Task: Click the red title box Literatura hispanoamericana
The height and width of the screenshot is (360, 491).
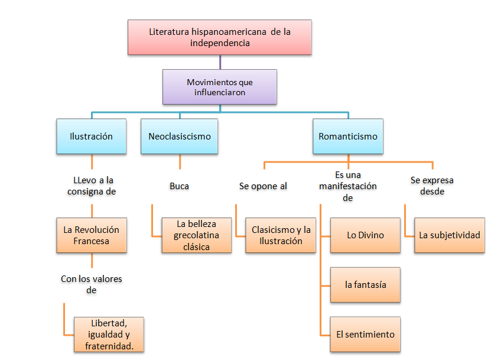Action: [x=220, y=37]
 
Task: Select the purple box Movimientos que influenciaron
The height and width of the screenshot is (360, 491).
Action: [x=220, y=87]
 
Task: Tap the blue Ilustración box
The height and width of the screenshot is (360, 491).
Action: [x=92, y=137]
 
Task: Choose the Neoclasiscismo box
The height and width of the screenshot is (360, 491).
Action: [x=180, y=137]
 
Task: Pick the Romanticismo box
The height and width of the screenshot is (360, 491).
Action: [x=348, y=137]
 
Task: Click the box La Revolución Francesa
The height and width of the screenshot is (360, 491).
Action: [x=92, y=235]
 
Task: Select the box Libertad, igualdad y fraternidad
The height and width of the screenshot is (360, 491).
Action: [x=109, y=335]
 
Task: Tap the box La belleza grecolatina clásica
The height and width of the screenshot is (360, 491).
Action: [x=197, y=235]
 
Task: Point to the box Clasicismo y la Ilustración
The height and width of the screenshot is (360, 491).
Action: [x=281, y=235]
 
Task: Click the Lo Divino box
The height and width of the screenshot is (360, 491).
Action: [x=365, y=235]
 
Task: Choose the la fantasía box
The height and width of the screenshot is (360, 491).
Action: [x=365, y=285]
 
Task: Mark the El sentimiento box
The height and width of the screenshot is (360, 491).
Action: [x=365, y=335]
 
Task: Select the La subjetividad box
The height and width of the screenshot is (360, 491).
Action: [x=450, y=235]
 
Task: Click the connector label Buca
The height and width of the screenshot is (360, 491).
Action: [x=180, y=186]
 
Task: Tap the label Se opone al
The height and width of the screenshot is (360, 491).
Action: [x=263, y=186]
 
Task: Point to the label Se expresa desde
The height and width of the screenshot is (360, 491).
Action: [x=432, y=186]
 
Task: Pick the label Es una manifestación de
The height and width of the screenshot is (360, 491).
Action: [x=348, y=186]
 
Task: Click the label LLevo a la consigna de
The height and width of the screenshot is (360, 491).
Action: [x=92, y=186]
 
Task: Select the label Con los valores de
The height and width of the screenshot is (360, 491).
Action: [x=92, y=284]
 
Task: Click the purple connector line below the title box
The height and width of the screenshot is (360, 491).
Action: [x=220, y=62]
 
